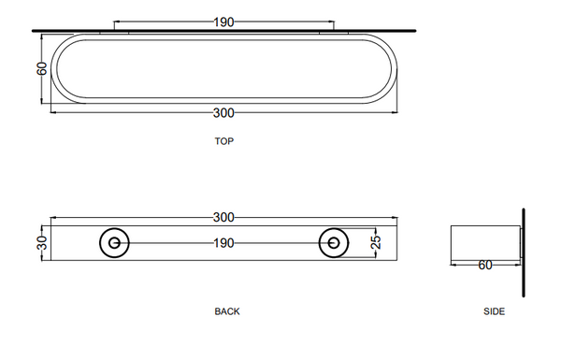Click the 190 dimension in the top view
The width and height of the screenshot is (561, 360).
pyautogui.click(x=223, y=22)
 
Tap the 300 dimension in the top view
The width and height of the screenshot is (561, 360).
pyautogui.click(x=223, y=113)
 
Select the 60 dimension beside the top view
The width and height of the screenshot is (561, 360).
pyautogui.click(x=42, y=68)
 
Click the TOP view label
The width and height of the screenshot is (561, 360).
pyautogui.click(x=224, y=141)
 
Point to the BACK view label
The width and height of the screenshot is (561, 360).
pyautogui.click(x=227, y=311)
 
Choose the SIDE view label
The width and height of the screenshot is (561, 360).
pyautogui.click(x=494, y=311)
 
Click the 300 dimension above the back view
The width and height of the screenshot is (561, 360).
pyautogui.click(x=223, y=218)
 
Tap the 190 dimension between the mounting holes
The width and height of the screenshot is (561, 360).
pyautogui.click(x=223, y=243)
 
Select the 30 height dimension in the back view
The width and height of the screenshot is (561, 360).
pyautogui.click(x=42, y=243)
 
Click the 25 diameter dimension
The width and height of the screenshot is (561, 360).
pyautogui.click(x=376, y=242)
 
